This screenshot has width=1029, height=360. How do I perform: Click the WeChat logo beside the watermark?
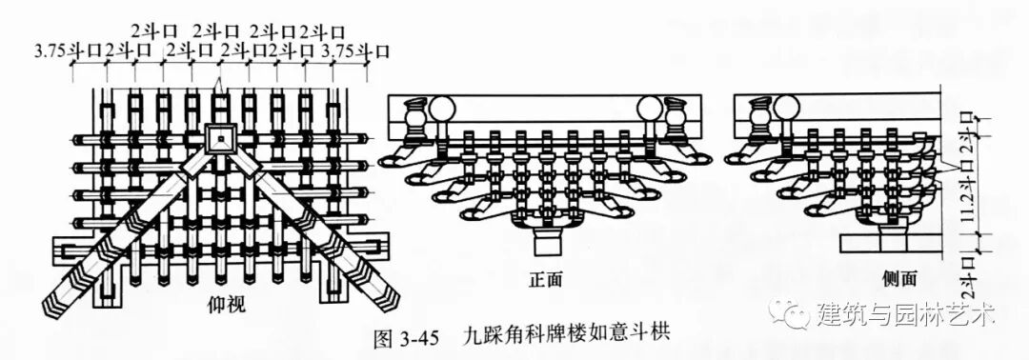click(x=790, y=312)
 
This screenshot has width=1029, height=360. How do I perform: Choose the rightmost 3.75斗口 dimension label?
click(x=356, y=50)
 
